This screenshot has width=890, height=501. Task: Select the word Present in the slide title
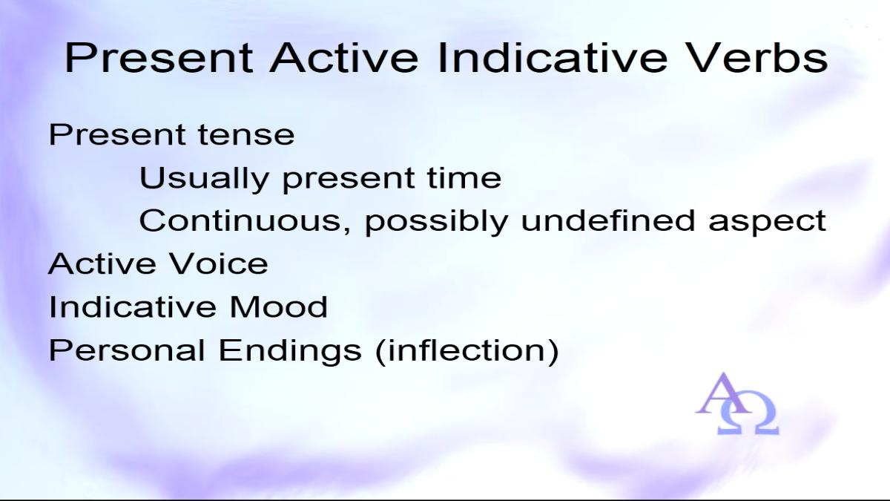[159, 58]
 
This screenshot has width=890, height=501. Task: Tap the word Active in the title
[344, 58]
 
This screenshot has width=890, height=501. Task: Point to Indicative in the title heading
[553, 58]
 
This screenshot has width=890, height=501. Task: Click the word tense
[246, 135]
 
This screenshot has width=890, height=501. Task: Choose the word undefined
[608, 220]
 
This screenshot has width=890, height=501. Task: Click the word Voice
[218, 263]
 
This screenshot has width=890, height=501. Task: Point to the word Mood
[279, 307]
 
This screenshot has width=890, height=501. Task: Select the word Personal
[127, 350]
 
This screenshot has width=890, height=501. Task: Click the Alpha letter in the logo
[724, 393]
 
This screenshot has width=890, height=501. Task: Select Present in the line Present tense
[116, 135]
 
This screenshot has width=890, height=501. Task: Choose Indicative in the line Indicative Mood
[132, 307]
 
